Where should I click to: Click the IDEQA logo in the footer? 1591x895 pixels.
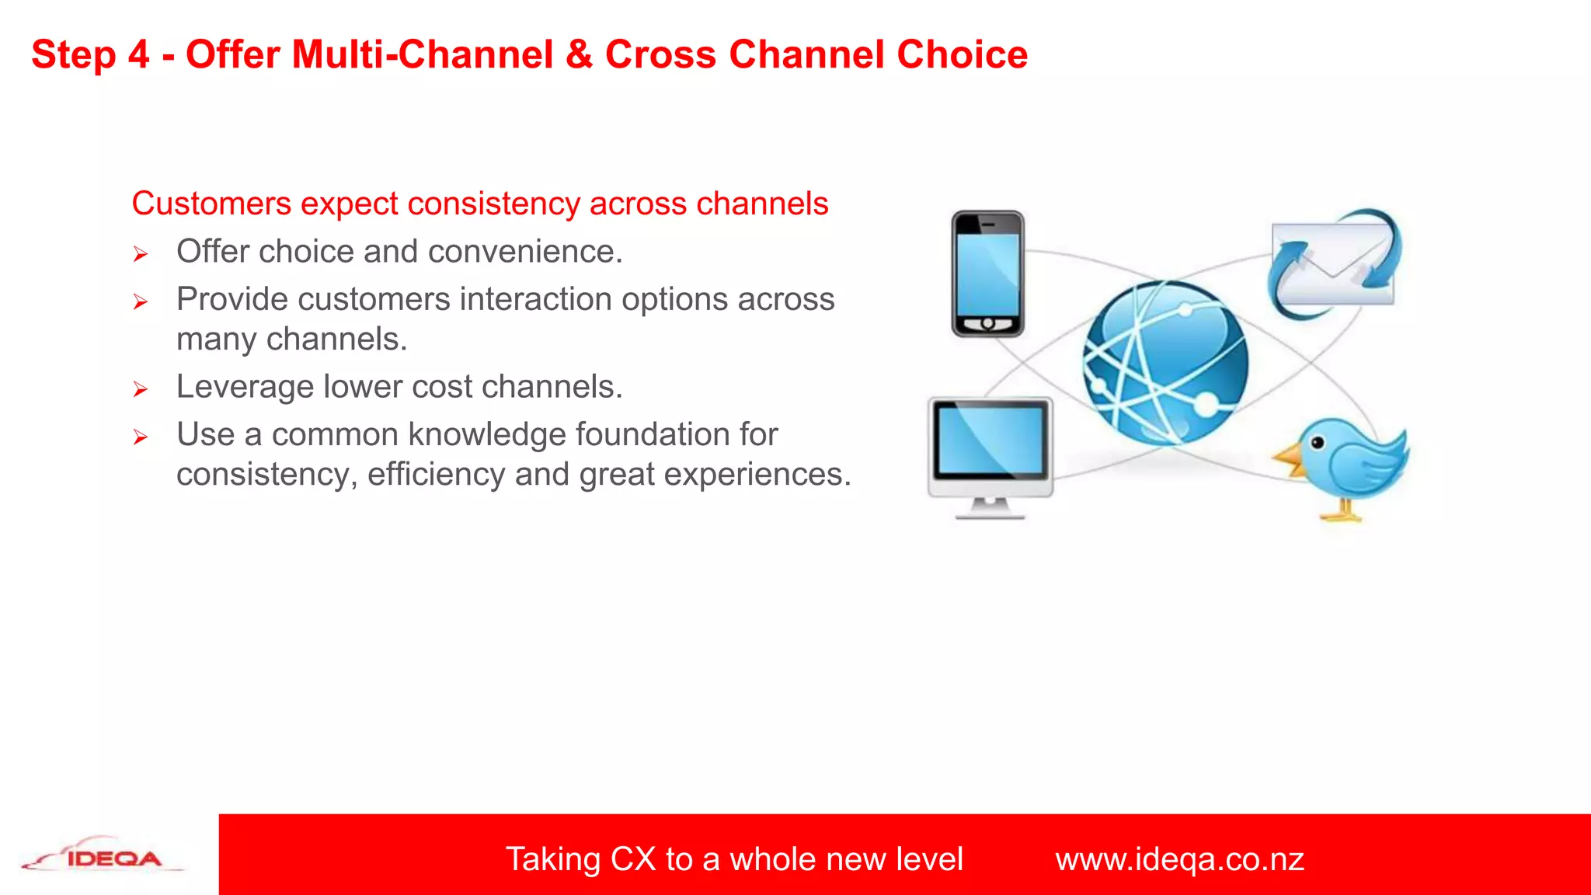[x=105, y=858]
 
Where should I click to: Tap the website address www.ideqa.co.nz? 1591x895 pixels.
[x=1178, y=859]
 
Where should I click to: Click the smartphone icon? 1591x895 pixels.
[x=987, y=273]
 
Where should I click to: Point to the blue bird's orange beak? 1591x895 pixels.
[x=1290, y=459]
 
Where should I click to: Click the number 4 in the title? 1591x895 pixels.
[x=138, y=55]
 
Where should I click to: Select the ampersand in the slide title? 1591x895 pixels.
[x=579, y=55]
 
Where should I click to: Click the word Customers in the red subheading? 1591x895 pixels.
[x=211, y=204]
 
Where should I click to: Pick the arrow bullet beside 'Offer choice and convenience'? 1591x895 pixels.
[x=140, y=254]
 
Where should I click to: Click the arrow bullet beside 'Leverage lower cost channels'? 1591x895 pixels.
[x=140, y=389]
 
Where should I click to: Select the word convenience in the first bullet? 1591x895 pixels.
[x=524, y=252]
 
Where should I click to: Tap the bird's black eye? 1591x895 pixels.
[x=1318, y=443]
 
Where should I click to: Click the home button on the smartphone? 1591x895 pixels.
[x=987, y=323]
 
